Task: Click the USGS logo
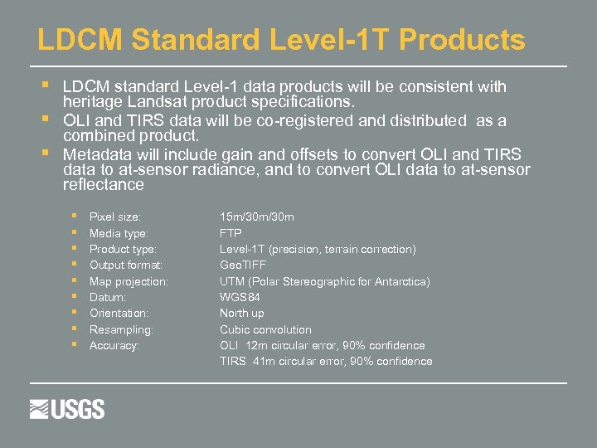click(67, 409)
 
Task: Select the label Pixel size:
click(114, 217)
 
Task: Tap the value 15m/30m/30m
click(256, 217)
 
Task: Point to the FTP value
click(231, 233)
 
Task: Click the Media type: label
click(119, 233)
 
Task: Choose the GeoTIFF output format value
click(243, 265)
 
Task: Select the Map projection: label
click(129, 281)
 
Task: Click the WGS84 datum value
click(240, 297)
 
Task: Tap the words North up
click(241, 314)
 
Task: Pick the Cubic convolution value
click(265, 329)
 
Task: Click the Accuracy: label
click(114, 345)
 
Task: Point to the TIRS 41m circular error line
click(326, 361)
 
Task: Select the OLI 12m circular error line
click(322, 345)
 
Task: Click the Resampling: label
click(121, 329)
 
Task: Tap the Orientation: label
click(119, 314)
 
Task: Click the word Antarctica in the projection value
click(401, 281)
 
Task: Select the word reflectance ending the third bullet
click(103, 184)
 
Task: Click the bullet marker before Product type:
click(75, 249)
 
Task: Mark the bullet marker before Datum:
click(75, 297)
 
